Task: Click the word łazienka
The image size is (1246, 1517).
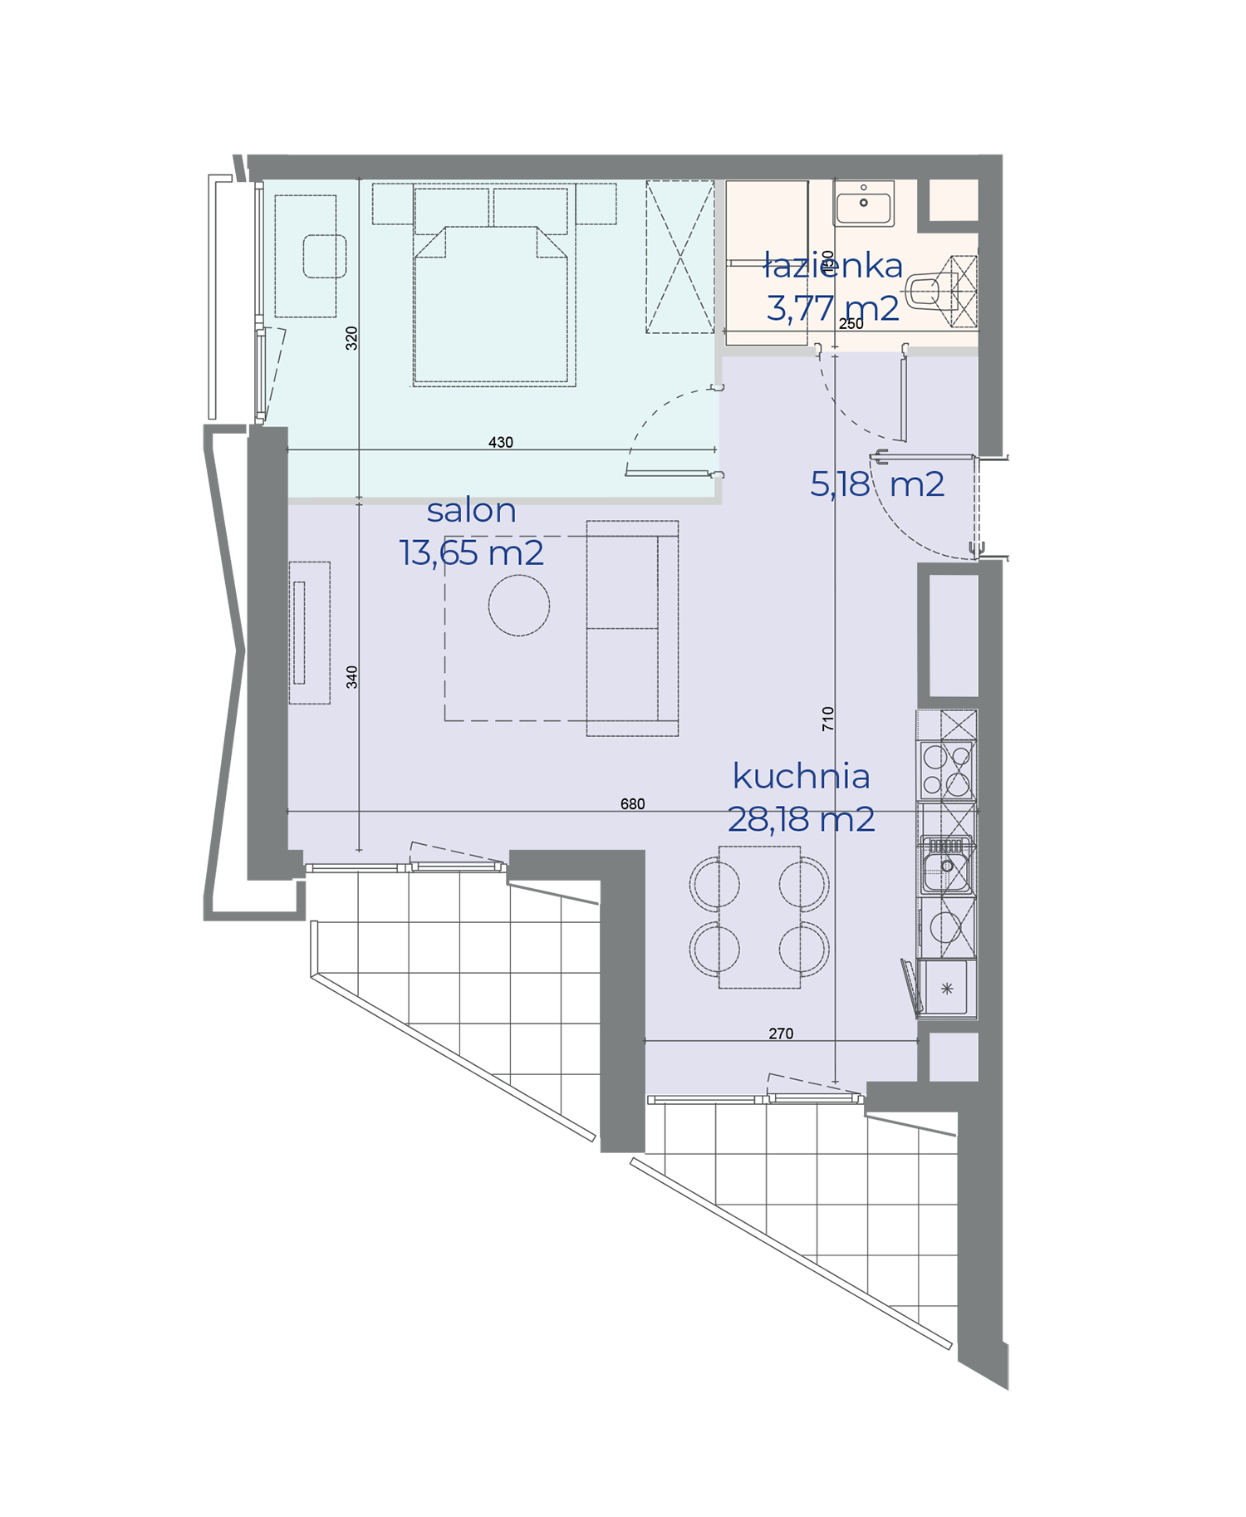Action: coord(833,266)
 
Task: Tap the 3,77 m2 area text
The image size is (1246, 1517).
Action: coord(833,308)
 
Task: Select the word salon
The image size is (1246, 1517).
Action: coord(471,510)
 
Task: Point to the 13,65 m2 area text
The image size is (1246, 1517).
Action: coord(472,553)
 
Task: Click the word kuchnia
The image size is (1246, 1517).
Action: coord(802,777)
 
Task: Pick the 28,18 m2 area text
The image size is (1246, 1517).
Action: coord(802,820)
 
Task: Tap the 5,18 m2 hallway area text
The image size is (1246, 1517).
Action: coord(877,484)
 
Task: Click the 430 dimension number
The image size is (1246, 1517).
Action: coord(501,443)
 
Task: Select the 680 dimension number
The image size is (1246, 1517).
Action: coord(633,804)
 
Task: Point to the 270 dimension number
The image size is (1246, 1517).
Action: coord(781,1034)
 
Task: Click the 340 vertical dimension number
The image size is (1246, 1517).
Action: coord(352,677)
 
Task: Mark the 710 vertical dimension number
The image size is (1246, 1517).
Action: coord(827,719)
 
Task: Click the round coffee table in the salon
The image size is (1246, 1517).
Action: coord(519,606)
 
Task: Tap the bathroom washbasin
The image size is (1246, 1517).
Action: coord(864,204)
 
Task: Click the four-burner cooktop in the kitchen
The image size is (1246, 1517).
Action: coord(946,770)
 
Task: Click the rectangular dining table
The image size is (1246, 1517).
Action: coord(759,917)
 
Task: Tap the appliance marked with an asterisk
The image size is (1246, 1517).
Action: coord(946,989)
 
